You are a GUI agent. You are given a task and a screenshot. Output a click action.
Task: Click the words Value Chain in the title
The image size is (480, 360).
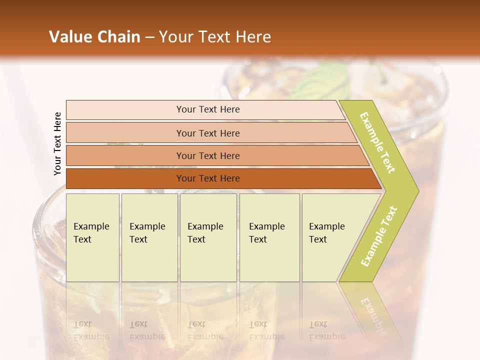(94, 37)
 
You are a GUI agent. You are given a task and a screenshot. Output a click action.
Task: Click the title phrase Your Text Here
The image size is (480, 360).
(215, 37)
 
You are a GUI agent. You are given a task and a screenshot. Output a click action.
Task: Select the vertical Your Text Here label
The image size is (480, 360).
(57, 143)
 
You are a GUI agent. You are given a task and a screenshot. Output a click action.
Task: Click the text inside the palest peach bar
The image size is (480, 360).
(208, 109)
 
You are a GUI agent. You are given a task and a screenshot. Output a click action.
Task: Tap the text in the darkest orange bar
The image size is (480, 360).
(208, 178)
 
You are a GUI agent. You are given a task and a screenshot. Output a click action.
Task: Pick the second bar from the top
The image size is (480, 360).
(208, 133)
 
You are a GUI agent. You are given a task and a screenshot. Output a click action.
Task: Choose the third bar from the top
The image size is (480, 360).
(208, 156)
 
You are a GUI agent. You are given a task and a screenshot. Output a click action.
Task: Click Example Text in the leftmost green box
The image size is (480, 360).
(91, 233)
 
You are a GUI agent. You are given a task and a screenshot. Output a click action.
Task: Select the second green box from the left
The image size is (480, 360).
(149, 237)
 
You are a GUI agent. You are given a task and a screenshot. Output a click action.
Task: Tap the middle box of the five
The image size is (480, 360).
(208, 237)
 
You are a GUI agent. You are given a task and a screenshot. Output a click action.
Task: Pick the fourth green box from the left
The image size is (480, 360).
(269, 237)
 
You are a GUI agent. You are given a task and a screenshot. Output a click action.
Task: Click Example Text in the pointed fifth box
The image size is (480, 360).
(326, 233)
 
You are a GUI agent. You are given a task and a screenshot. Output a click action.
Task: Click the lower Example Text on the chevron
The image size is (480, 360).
(379, 236)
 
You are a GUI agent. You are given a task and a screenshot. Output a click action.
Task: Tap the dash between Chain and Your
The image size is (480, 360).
(149, 37)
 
